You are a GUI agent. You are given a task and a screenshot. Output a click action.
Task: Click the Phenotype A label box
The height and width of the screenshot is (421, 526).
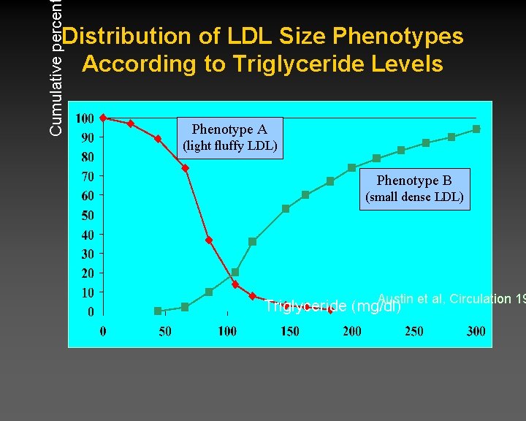pos(229,137)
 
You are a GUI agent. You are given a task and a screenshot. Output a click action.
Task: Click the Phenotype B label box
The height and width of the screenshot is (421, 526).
pos(414,188)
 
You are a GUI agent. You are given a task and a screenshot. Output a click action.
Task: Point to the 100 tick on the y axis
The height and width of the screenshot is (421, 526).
pos(85,118)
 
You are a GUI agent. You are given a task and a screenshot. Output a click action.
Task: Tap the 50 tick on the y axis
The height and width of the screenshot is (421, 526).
pos(87,215)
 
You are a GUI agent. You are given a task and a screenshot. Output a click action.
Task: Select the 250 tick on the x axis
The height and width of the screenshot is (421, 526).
pos(413,331)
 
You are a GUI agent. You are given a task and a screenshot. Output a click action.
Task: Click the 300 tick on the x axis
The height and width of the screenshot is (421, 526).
pos(476,331)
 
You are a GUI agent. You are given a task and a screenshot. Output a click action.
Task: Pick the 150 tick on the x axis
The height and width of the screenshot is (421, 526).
pos(289,331)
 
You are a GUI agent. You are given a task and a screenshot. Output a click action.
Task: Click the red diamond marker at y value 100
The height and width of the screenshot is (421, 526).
pos(103,118)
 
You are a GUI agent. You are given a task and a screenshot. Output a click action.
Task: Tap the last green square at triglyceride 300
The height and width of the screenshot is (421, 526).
pos(476,129)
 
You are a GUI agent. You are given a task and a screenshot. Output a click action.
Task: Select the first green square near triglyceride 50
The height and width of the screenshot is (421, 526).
pos(158,311)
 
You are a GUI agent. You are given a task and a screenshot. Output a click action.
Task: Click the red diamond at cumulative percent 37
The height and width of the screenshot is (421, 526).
pos(209,240)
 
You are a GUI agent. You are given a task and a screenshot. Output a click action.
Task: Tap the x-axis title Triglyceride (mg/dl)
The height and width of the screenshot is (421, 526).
pos(332,306)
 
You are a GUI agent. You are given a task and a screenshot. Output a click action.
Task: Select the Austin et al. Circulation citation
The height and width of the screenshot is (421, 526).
pos(451,298)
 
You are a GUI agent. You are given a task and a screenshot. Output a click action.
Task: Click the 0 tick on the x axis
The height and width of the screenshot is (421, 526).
pos(103,331)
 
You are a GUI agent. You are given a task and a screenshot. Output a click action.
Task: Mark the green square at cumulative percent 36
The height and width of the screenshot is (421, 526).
pos(252,241)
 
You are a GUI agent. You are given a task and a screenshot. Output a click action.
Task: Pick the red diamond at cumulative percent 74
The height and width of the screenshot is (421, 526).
pos(186,168)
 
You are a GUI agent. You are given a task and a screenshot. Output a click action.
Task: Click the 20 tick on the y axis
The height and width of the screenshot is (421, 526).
pos(87,273)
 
